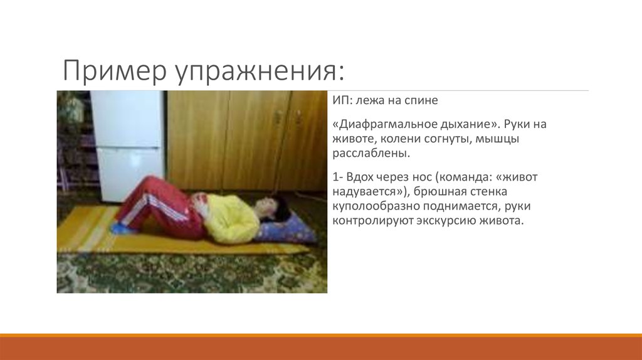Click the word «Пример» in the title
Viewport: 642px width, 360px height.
[107, 71]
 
